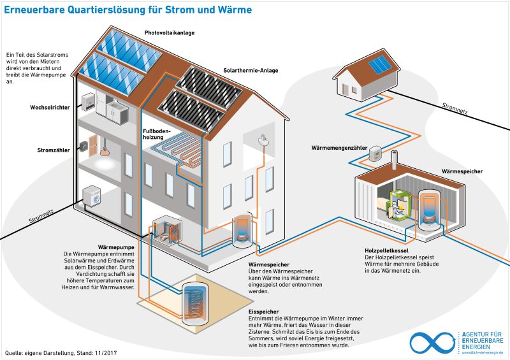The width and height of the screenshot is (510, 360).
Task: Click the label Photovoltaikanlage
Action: tap(170, 32)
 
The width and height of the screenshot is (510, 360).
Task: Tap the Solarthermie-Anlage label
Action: tap(251, 71)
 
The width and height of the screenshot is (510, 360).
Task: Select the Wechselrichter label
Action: tap(50, 107)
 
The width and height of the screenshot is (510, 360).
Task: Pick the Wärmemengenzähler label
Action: tap(339, 148)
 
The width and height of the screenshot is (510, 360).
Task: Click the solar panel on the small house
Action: tap(381, 64)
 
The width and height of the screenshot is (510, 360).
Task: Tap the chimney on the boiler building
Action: tap(394, 159)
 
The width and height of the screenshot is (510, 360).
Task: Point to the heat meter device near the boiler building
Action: tap(376, 153)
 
